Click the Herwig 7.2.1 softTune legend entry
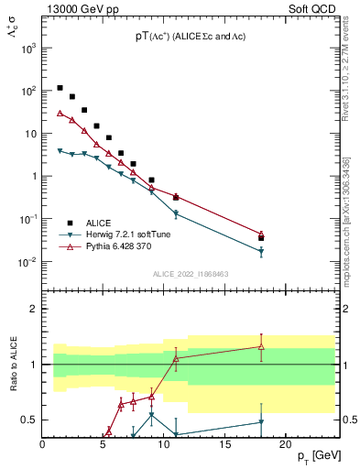128,234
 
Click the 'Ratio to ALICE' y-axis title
14,365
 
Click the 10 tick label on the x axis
163,444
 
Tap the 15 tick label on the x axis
224,444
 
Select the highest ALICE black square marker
60,88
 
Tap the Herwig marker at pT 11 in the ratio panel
176,434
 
